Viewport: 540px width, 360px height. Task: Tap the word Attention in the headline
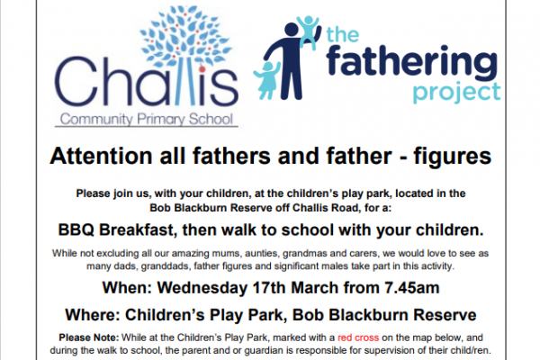[101, 157]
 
